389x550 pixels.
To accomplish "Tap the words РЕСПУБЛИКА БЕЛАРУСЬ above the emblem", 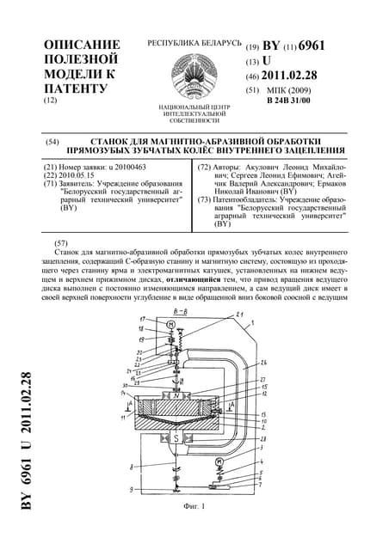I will point(194,42).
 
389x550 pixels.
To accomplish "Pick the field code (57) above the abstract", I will point(61,243).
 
